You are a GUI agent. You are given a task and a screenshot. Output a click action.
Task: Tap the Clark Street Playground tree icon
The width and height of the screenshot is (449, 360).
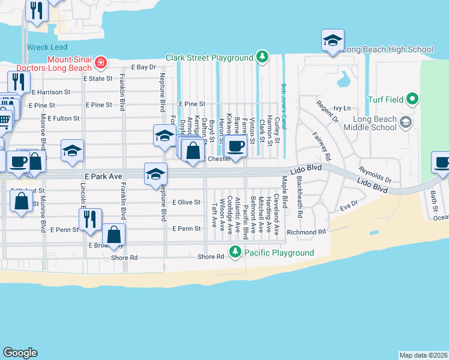coord(262,58)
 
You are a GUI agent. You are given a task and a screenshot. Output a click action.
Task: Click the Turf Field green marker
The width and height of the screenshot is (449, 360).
coord(412,98)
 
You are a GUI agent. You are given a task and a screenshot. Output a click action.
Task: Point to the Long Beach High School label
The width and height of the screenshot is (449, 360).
coord(388,49)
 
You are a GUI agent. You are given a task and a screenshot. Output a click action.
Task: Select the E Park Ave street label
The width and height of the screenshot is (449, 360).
coord(101,176)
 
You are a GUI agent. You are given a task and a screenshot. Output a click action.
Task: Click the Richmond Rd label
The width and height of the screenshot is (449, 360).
coord(306,232)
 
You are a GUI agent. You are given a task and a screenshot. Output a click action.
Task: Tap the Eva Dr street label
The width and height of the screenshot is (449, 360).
coord(349,206)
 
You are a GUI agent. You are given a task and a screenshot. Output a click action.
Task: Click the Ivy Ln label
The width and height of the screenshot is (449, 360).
coord(342,108)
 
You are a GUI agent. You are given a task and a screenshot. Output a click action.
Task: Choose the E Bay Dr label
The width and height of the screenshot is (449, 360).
coord(143,67)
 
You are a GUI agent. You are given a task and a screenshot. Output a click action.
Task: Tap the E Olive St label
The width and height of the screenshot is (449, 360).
coord(186,202)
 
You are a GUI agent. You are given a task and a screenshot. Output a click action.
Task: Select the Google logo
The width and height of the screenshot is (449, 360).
coord(20,353)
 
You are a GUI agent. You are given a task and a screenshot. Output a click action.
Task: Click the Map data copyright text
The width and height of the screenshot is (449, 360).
coord(423,355)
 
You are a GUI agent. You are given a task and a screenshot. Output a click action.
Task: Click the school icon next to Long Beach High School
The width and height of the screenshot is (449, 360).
coord(333,41)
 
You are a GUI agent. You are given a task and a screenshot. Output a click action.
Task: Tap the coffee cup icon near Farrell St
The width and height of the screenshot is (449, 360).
coord(237,146)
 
